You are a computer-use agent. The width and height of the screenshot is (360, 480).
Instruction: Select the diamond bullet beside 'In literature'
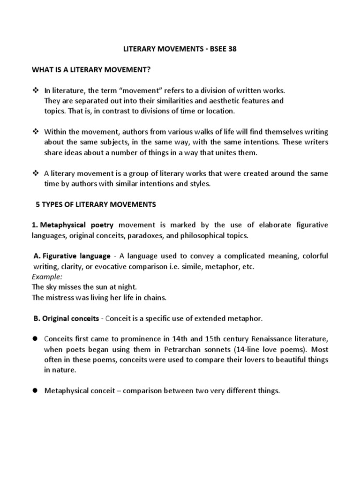click(x=35, y=90)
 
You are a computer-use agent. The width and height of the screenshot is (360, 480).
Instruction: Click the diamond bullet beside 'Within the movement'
click(x=35, y=132)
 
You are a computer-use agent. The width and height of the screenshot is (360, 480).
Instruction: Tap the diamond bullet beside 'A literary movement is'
click(x=35, y=173)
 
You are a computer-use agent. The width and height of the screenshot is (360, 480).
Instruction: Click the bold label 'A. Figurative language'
click(x=72, y=256)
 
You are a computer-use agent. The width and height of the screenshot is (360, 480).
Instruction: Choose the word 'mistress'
click(x=61, y=297)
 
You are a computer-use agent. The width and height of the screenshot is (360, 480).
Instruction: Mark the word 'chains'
click(x=155, y=297)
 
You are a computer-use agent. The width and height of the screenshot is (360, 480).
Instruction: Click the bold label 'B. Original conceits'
click(x=66, y=318)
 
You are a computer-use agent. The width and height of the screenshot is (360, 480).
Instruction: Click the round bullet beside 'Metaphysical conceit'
click(x=35, y=390)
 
